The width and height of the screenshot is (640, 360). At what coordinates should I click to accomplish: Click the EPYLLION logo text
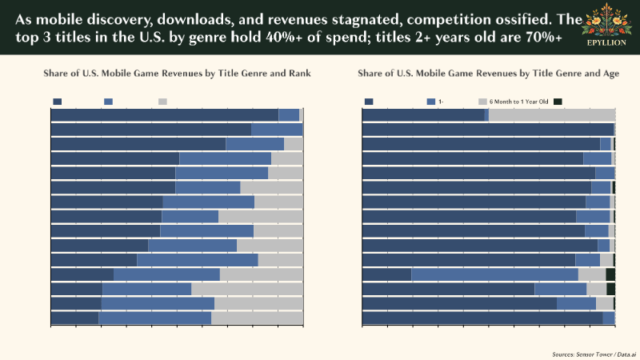pyautogui.click(x=606, y=42)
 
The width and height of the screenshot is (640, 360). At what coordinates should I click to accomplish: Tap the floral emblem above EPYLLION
pyautogui.click(x=606, y=22)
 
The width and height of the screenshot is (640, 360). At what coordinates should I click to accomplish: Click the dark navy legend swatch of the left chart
pyautogui.click(x=57, y=102)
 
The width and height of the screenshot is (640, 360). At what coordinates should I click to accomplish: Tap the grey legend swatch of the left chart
pyautogui.click(x=162, y=102)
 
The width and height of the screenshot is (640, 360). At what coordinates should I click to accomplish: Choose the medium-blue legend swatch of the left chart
pyautogui.click(x=108, y=102)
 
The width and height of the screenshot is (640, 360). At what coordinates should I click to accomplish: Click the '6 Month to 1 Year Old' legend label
pyautogui.click(x=518, y=102)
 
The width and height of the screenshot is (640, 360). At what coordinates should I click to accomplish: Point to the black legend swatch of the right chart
pyautogui.click(x=558, y=102)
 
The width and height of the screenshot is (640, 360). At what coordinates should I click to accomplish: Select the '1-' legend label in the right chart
pyautogui.click(x=442, y=102)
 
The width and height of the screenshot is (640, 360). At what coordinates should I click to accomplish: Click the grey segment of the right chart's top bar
pyautogui.click(x=551, y=115)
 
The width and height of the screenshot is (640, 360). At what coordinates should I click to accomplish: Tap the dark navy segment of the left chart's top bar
pyautogui.click(x=164, y=115)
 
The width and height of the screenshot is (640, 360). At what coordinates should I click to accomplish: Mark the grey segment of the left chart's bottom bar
pyautogui.click(x=257, y=318)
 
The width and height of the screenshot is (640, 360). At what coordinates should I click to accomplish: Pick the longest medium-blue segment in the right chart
pyautogui.click(x=494, y=274)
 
